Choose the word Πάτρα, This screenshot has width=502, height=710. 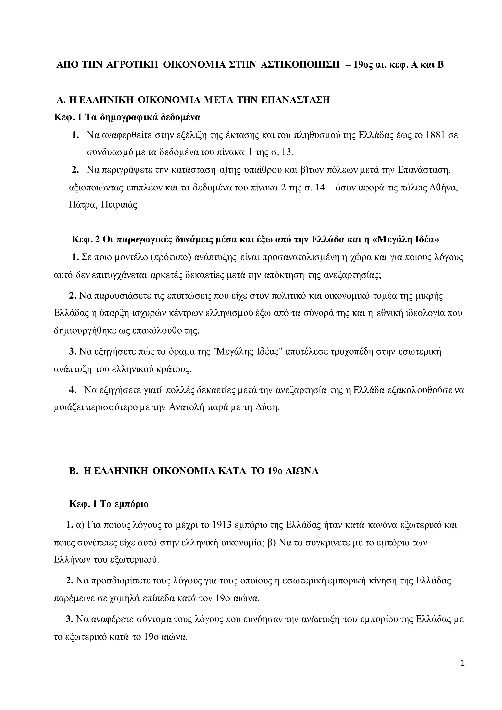(x=82, y=205)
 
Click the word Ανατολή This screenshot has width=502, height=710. (x=186, y=407)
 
